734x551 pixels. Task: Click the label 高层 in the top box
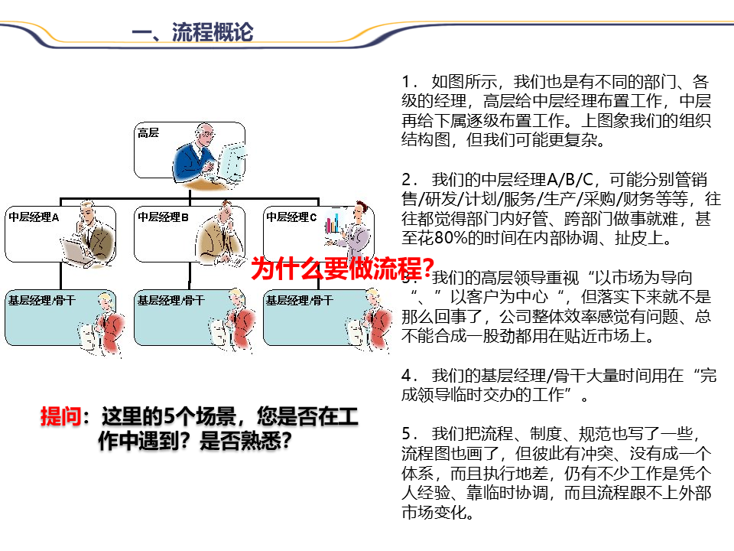pos(148,133)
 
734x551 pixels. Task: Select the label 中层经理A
pos(34,217)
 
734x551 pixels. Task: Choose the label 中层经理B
pos(163,217)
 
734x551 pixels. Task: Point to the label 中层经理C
pos(291,217)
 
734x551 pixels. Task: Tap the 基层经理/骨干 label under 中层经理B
pos(170,300)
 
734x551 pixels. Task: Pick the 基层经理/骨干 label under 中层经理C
pos(298,300)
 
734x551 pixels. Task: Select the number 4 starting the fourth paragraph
pos(406,376)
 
